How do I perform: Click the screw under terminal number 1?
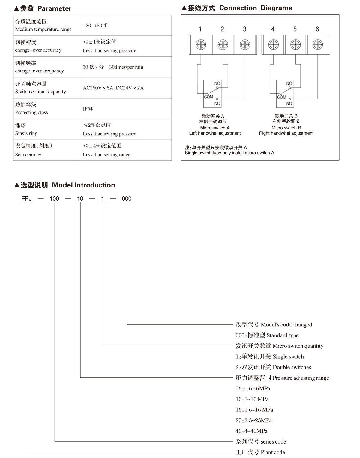tap(201, 45)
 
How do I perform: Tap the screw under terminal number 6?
tap(317, 45)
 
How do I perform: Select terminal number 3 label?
tap(244, 29)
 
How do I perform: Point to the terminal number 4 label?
tap(273, 29)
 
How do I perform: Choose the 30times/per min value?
tap(126, 67)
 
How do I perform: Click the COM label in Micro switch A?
tap(208, 97)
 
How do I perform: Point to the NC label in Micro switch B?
tap(289, 83)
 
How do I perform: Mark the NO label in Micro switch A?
tap(217, 103)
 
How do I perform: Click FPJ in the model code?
tap(27, 199)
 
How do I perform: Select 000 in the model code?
tap(127, 199)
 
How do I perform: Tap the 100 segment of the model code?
tap(54, 199)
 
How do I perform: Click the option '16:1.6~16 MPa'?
tap(254, 410)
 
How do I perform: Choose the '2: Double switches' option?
tap(273, 367)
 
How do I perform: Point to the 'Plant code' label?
tap(260, 452)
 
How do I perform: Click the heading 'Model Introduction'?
tap(84, 185)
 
